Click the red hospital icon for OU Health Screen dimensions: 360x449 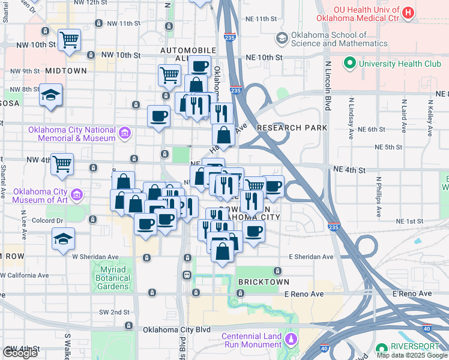[408, 13]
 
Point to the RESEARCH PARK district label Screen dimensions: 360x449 [292, 128]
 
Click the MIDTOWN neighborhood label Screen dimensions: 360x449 [66, 71]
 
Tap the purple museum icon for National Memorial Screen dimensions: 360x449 [125, 133]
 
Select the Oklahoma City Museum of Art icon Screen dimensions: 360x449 [76, 195]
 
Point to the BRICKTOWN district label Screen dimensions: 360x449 [264, 281]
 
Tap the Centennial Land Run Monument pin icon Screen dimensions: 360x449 [291, 340]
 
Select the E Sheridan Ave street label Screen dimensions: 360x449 [310, 257]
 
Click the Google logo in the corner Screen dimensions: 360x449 [20, 353]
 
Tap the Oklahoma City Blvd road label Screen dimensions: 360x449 [176, 329]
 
